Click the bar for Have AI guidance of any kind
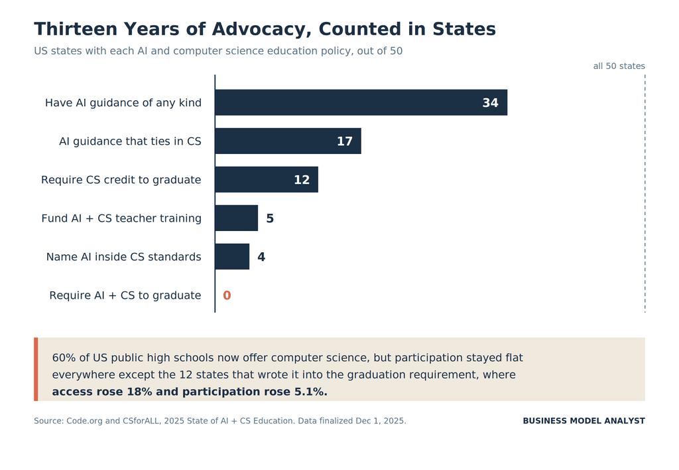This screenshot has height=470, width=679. pos(361,102)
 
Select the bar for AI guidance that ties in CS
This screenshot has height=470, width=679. pos(288,141)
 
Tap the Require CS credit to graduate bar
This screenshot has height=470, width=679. pos(267,179)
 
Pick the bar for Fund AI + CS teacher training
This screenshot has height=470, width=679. pos(237,218)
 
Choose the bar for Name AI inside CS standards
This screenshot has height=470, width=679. pos(232,257)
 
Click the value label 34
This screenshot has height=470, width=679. pos(490,103)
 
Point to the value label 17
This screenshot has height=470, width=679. pos(345,141)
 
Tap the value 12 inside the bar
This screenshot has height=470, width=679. pos(302,180)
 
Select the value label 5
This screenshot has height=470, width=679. pos(270,218)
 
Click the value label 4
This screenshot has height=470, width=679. pos(261,257)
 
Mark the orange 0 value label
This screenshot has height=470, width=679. pos(227,295)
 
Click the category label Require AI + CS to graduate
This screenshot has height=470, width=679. pos(125,295)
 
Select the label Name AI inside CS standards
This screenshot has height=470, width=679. pos(124,257)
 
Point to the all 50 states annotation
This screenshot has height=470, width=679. pos(619,66)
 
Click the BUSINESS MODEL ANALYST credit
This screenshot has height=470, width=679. pos(584,421)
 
